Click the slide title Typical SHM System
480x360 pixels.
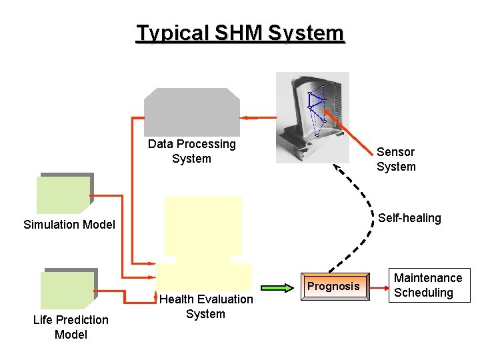(240, 33)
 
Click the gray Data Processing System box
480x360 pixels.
(192, 111)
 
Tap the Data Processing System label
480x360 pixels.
(192, 151)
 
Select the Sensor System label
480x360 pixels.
(396, 159)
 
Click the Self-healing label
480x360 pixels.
(409, 218)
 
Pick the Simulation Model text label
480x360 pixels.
(69, 224)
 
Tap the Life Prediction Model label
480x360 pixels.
(71, 327)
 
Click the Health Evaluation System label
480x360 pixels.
(206, 307)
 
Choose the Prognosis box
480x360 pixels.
(334, 287)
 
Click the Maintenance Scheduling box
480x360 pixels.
(428, 285)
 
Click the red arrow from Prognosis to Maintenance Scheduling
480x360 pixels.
(379, 287)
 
